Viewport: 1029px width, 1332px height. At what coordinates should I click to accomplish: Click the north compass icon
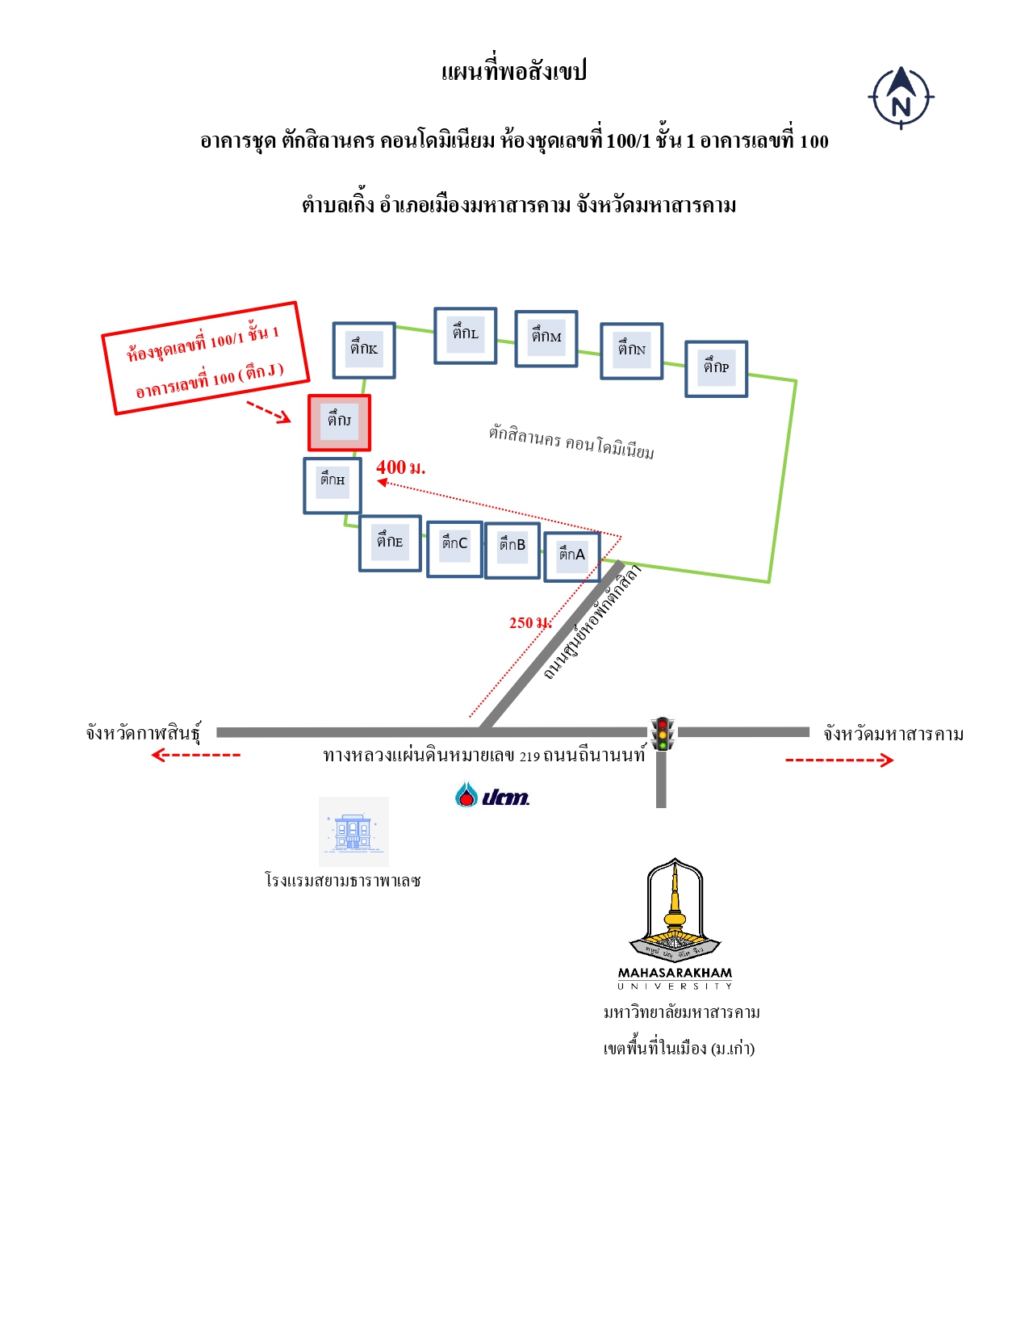tap(901, 98)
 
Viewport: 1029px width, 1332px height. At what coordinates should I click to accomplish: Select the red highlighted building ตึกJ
tap(339, 422)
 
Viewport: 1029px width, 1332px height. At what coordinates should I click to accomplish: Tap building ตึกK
tap(364, 350)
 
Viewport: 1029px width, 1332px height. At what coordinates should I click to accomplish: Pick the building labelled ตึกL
tap(465, 335)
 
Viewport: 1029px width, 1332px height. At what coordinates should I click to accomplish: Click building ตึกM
tap(546, 338)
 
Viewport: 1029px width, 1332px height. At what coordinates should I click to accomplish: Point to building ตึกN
tap(631, 350)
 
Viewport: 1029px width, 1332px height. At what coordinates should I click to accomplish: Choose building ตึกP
tap(716, 368)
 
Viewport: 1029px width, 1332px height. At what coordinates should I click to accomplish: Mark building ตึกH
tap(333, 485)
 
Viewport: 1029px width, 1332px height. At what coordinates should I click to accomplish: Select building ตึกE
tap(390, 543)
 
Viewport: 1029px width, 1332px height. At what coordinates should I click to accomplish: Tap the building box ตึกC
tap(454, 549)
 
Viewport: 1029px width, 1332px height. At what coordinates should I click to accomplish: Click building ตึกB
tap(512, 551)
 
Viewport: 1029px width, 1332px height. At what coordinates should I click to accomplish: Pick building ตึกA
tap(571, 556)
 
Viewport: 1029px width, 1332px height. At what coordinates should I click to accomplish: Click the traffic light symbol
tap(662, 734)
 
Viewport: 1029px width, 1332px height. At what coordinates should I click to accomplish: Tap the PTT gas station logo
tap(492, 794)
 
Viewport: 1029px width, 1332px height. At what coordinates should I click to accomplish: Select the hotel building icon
tap(353, 831)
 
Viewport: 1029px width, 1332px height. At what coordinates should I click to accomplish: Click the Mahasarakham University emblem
tap(675, 924)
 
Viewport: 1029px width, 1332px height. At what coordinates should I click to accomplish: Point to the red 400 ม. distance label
tap(400, 467)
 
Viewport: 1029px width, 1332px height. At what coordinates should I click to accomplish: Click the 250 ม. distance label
tap(530, 622)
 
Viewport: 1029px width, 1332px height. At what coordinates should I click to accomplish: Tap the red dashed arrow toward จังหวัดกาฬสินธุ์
tap(196, 755)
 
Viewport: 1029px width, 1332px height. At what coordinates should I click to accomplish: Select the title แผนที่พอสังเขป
tap(513, 71)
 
